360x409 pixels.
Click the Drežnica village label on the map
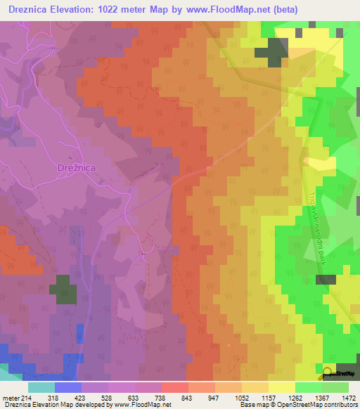click(75, 169)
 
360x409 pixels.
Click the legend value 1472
click(340, 397)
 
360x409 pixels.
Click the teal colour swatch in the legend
click(41, 387)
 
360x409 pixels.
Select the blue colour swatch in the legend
click(67, 387)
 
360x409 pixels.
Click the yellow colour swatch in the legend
click(281, 387)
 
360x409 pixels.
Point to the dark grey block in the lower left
click(63, 290)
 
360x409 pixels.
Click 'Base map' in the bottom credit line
click(251, 405)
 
